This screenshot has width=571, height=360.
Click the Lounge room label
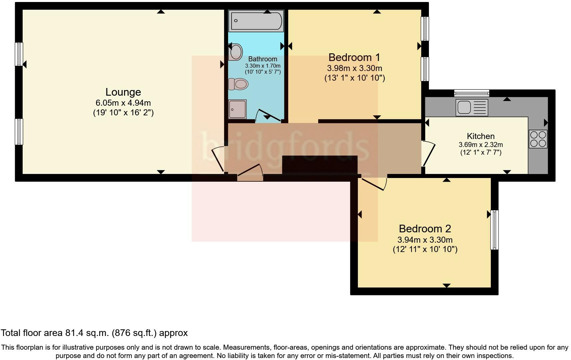(x=123, y=92)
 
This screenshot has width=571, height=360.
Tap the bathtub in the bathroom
(x=256, y=21)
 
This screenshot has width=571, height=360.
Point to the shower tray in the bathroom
(x=237, y=109)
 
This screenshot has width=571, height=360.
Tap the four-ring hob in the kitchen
(x=538, y=139)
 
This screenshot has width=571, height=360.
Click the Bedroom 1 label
(x=354, y=57)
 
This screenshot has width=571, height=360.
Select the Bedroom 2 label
(x=425, y=229)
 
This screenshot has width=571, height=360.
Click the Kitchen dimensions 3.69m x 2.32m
(x=481, y=145)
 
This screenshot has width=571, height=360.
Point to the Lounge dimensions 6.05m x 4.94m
(x=123, y=103)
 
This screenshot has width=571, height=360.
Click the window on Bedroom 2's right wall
(x=494, y=230)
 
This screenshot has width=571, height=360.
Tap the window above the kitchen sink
(x=471, y=93)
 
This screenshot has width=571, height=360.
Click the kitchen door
(x=429, y=154)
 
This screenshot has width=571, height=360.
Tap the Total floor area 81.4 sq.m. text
(x=94, y=333)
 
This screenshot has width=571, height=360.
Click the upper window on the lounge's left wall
(x=19, y=54)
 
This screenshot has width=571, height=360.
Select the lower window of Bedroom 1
(x=425, y=69)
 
